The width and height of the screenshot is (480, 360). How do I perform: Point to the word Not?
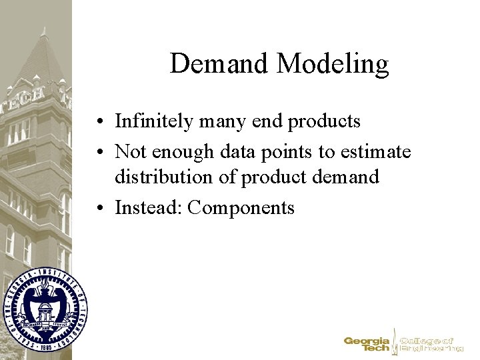coord(130,152)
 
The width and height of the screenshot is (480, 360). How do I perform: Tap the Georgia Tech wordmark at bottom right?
coord(367,344)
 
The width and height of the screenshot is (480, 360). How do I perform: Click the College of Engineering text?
coord(430,344)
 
